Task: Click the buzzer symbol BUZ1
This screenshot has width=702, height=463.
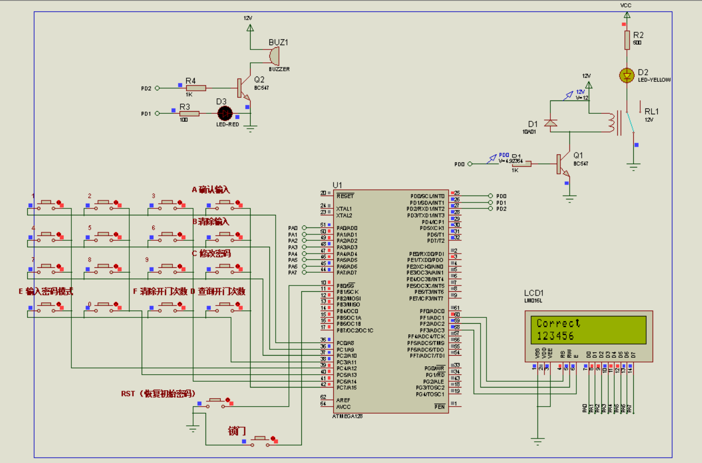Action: pyautogui.click(x=274, y=55)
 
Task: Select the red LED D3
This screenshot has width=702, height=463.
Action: pyautogui.click(x=226, y=113)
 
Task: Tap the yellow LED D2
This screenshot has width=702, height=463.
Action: pyautogui.click(x=627, y=75)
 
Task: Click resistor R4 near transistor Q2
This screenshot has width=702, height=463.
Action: pyautogui.click(x=195, y=88)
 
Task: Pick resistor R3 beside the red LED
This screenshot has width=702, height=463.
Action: pyautogui.click(x=189, y=113)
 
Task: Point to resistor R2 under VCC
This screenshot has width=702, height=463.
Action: pyautogui.click(x=627, y=40)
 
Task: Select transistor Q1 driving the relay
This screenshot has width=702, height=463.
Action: pyautogui.click(x=562, y=164)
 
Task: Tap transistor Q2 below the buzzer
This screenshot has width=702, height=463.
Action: pyautogui.click(x=243, y=89)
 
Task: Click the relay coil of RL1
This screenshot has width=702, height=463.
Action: pyautogui.click(x=612, y=123)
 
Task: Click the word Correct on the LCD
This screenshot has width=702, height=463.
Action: pyautogui.click(x=558, y=323)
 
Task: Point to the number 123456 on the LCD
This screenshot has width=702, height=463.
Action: pyautogui.click(x=555, y=336)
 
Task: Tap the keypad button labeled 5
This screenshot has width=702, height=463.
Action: pyautogui.click(x=102, y=234)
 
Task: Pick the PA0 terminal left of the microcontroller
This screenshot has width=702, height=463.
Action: pyautogui.click(x=304, y=228)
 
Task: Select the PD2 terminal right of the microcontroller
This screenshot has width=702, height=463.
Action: pyautogui.click(x=490, y=209)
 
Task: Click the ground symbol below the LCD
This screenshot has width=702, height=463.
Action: pyautogui.click(x=538, y=440)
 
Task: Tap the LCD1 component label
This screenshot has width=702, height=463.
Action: pyautogui.click(x=534, y=293)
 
